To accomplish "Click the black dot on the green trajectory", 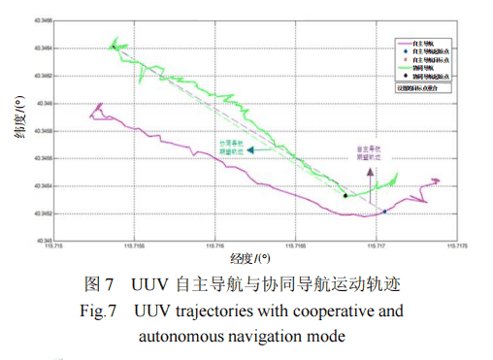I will pyautogui.click(x=345, y=195).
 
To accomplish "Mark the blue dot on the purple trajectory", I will pyautogui.click(x=383, y=212).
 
